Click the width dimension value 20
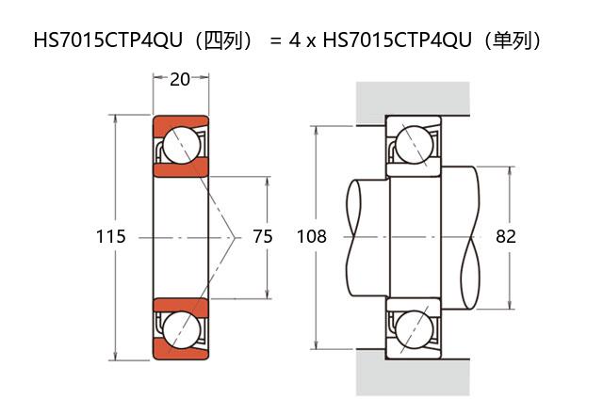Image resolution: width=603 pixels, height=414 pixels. [180, 79]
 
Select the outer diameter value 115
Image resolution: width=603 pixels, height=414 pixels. [110, 236]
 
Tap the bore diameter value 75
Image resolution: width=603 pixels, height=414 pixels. [263, 236]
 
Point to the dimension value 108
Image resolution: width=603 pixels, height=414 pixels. [312, 236]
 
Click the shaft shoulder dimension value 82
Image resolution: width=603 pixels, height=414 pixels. [505, 236]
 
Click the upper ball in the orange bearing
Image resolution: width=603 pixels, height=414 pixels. [182, 145]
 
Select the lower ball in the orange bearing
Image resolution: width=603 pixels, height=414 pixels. [182, 329]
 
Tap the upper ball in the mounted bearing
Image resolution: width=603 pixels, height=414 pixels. [415, 145]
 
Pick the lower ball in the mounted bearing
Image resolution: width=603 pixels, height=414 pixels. [415, 329]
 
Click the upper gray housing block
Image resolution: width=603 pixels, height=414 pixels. [413, 98]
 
